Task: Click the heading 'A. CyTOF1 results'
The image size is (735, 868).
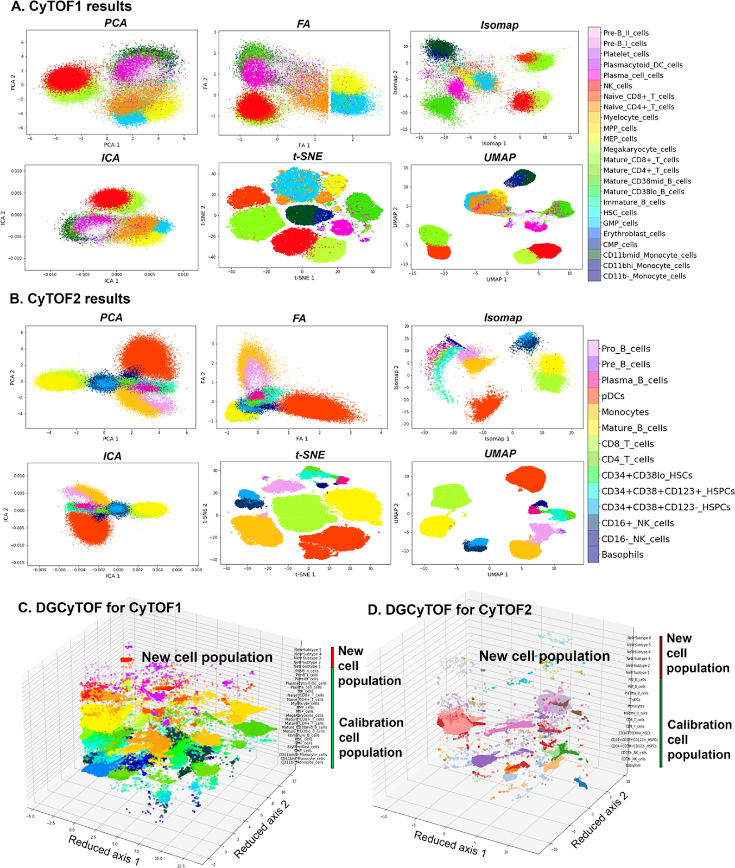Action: tap(71, 7)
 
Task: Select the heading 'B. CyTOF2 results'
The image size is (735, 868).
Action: tap(70, 299)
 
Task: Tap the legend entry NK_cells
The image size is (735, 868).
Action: tap(617, 86)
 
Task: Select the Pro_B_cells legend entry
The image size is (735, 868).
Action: tap(625, 349)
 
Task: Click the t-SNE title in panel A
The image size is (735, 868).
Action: tap(307, 157)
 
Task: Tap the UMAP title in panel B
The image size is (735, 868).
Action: tap(500, 454)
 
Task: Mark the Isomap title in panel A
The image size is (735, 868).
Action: tap(499, 25)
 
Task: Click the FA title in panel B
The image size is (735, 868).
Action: tap(299, 318)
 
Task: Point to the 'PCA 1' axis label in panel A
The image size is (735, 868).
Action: tap(111, 145)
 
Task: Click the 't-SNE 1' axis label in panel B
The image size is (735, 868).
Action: tap(305, 574)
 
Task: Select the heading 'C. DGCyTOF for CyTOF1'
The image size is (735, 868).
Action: tap(100, 608)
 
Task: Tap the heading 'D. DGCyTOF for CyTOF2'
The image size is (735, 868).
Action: tap(449, 610)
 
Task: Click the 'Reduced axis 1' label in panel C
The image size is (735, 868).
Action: tap(104, 850)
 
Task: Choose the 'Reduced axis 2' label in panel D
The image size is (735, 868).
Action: tap(599, 820)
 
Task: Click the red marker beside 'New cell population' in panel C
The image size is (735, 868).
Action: tap(126, 660)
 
